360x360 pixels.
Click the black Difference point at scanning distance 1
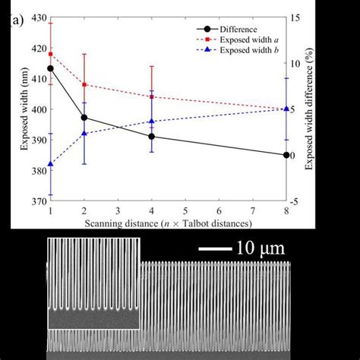click(50, 68)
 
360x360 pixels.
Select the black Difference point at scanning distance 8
click(286, 155)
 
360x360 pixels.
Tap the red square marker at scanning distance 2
click(84, 84)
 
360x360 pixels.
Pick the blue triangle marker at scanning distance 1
click(50, 164)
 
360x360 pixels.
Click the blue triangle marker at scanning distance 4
click(152, 121)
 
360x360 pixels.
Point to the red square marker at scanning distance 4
click(152, 96)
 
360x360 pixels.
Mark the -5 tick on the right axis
click(298, 201)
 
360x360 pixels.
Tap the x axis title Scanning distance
click(168, 223)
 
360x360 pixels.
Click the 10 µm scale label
click(262, 248)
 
